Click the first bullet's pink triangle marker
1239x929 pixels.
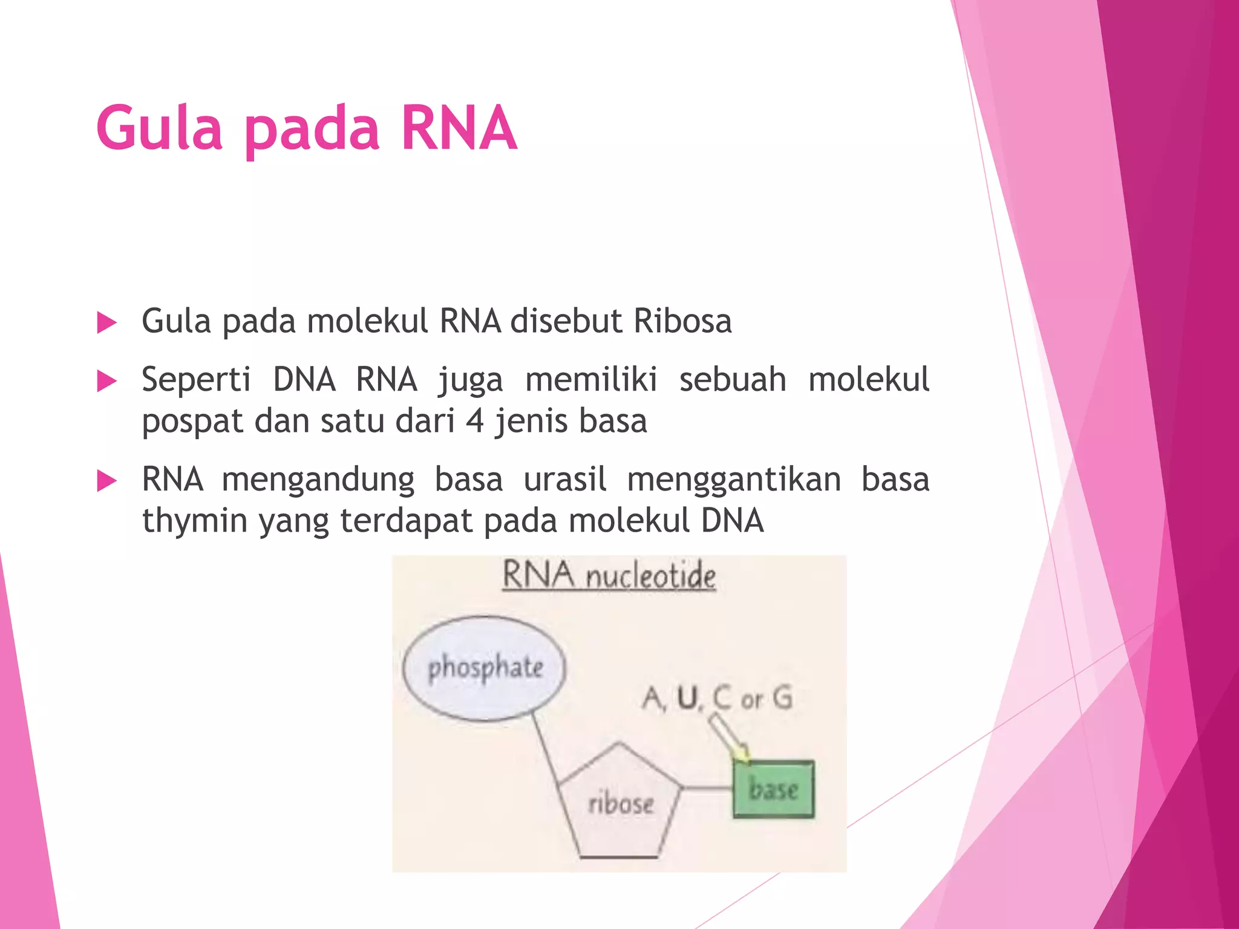pos(106,322)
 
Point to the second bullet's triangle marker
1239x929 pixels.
pos(106,382)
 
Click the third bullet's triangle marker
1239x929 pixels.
pos(106,481)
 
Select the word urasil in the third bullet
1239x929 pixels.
pos(564,480)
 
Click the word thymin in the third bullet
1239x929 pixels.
pos(195,520)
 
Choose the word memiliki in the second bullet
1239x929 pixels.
pos(591,380)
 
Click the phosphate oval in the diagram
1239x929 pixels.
pos(485,668)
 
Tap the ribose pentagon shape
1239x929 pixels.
pos(619,804)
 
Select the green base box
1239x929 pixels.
pos(773,789)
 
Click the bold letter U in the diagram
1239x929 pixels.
pos(687,698)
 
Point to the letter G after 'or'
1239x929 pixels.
pos(783,698)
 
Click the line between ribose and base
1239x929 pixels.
pos(707,787)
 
